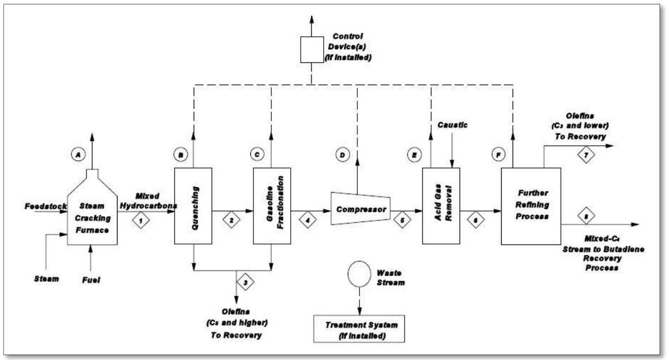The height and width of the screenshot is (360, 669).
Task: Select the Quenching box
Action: coord(193,206)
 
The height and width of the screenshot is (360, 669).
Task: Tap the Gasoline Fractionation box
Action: coord(271,206)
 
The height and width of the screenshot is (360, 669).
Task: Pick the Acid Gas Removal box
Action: coord(441,206)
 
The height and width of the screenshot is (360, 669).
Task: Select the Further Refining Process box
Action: coord(530,206)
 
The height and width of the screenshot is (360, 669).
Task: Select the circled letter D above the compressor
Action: coord(343,156)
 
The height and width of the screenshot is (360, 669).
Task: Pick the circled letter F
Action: coord(496,156)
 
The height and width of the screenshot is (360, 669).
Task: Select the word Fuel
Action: coord(91,280)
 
